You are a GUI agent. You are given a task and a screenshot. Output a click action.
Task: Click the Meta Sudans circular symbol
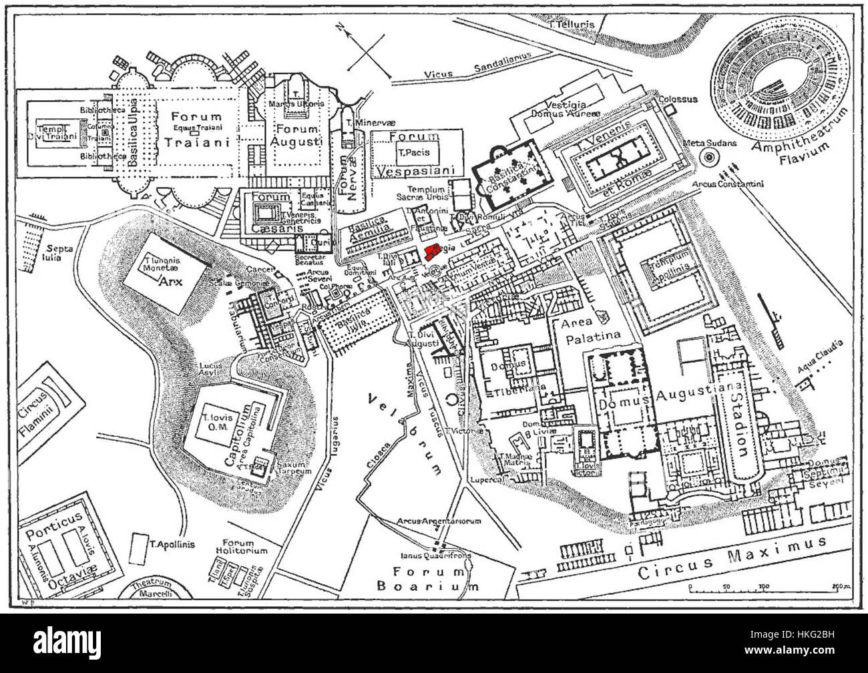click(708, 159)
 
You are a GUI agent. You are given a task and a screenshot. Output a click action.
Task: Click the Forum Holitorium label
click(244, 547)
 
